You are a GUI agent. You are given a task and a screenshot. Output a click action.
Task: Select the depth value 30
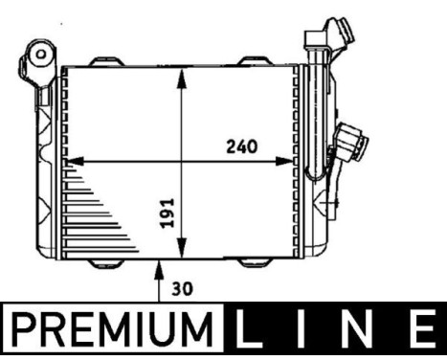182,286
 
